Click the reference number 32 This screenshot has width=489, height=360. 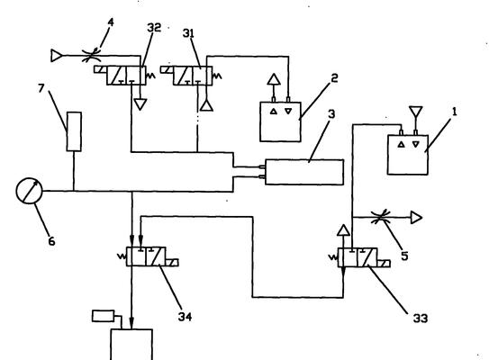pyautogui.click(x=154, y=27)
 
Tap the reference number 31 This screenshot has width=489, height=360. pyautogui.click(x=188, y=33)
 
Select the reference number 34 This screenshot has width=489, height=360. pyautogui.click(x=185, y=317)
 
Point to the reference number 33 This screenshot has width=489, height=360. pyautogui.click(x=421, y=319)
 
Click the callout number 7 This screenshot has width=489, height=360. pyautogui.click(x=41, y=88)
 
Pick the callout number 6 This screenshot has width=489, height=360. pyautogui.click(x=51, y=241)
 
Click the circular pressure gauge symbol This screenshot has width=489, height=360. pyautogui.click(x=29, y=191)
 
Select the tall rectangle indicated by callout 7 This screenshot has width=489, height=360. pyautogui.click(x=74, y=131)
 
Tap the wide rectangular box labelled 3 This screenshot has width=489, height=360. pyautogui.click(x=304, y=172)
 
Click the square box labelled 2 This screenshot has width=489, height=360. pyautogui.click(x=280, y=121)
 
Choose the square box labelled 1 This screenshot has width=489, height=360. pyautogui.click(x=408, y=155)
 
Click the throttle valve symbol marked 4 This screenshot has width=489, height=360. pyautogui.click(x=91, y=56)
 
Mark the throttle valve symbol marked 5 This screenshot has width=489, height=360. pyautogui.click(x=380, y=217)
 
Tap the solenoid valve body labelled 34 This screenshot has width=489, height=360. pyautogui.click(x=146, y=256)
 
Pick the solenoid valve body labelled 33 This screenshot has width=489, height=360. pyautogui.click(x=358, y=257)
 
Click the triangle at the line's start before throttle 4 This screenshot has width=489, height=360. pyautogui.click(x=56, y=56)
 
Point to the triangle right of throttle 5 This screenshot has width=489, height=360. pyautogui.click(x=416, y=218)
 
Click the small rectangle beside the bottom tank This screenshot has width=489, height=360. pyautogui.click(x=104, y=316)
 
